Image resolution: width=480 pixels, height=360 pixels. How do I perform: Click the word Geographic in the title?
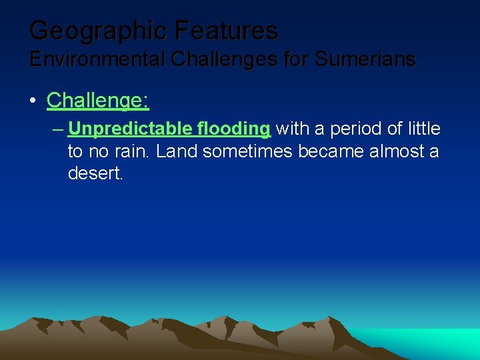99,31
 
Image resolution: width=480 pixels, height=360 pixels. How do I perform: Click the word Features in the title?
227,31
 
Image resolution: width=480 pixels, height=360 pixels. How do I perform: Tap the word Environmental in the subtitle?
97,59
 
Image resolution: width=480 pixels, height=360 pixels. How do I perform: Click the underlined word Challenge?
97,101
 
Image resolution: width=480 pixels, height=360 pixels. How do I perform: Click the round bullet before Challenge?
33,101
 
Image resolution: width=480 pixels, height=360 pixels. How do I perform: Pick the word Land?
177,151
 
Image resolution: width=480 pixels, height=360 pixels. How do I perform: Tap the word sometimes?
247,151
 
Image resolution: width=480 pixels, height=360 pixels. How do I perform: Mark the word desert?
95,174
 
